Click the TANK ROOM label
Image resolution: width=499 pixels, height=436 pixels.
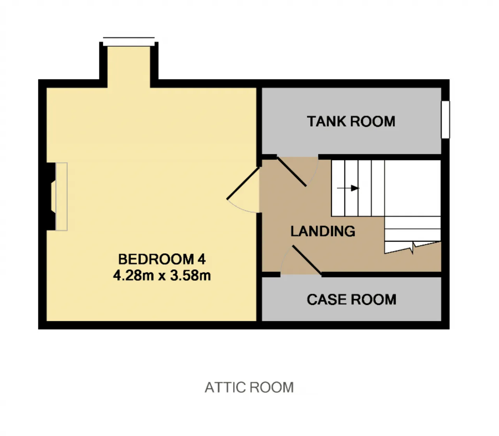click(351, 121)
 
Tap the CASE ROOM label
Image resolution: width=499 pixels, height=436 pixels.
click(352, 299)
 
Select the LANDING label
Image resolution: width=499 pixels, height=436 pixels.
click(323, 231)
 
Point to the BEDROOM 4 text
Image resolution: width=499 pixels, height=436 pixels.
click(162, 259)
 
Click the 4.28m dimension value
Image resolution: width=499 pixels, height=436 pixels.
click(133, 276)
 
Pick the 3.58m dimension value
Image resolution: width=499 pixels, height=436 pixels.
click(190, 276)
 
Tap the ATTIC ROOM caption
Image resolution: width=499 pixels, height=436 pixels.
click(249, 388)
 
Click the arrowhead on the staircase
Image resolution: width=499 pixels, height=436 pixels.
click(355, 188)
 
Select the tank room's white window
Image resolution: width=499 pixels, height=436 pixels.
click(445, 119)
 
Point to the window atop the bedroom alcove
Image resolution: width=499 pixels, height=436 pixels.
click(129, 42)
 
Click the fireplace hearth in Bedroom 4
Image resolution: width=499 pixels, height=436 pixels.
click(62, 196)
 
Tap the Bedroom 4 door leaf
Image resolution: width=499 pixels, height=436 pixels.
click(243, 183)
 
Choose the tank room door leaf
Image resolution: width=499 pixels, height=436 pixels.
click(292, 172)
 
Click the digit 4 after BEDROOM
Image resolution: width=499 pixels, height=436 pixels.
click(202, 259)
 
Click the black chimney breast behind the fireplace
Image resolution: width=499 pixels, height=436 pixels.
click(51, 196)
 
